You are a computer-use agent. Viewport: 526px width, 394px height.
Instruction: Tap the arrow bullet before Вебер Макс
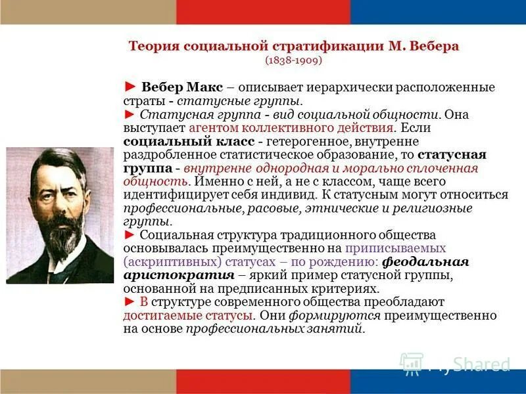click(130, 87)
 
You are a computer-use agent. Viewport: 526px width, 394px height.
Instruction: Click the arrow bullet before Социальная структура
click(130, 235)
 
